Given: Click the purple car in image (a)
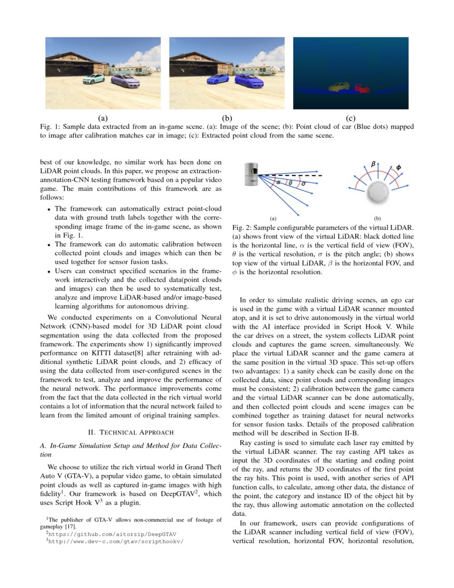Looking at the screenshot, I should point(126,81).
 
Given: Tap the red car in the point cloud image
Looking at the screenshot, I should point(362,88).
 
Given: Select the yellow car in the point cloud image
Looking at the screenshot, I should point(339,87).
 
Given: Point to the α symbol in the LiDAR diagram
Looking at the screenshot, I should point(278,182).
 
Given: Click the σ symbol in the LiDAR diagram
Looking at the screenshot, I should point(304,184).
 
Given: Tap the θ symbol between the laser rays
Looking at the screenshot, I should point(291,183).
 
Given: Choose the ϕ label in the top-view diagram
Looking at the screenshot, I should point(399,168).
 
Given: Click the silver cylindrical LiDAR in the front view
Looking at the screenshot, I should point(252,175).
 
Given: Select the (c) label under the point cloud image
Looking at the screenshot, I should point(350,118).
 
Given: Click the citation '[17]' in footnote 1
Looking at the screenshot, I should point(72,526).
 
